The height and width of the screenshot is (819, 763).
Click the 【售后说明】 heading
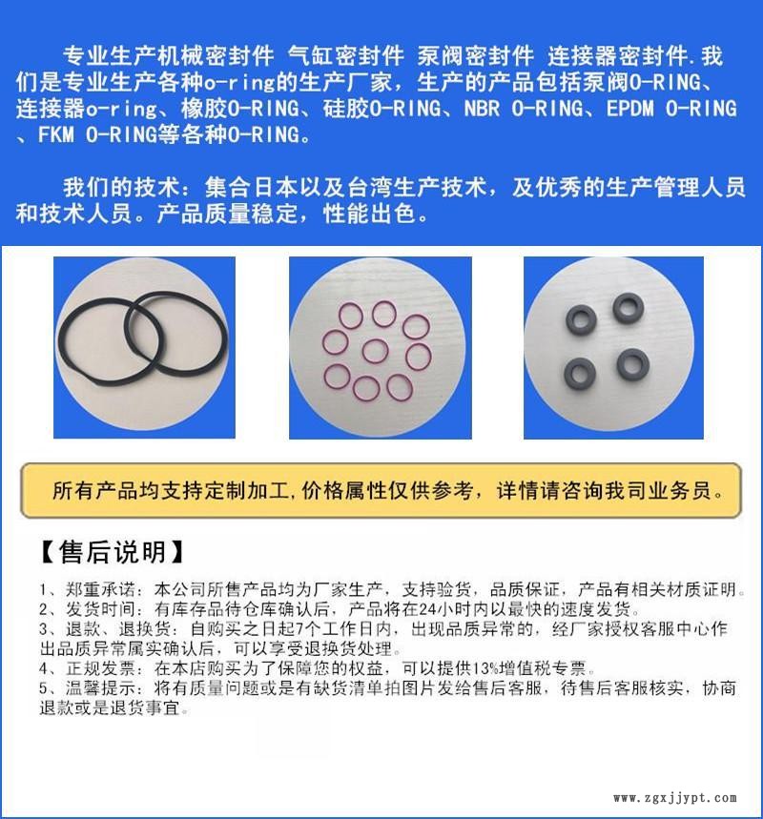click(112, 552)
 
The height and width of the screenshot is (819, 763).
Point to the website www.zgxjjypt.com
click(675, 798)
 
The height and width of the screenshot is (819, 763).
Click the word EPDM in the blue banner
click(629, 109)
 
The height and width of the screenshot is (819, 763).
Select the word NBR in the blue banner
click(482, 109)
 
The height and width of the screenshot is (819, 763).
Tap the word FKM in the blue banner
click(56, 134)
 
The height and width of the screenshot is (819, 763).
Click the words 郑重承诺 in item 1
click(100, 590)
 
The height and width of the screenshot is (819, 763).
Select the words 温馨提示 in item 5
click(100, 687)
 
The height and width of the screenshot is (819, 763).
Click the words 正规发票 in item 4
click(100, 668)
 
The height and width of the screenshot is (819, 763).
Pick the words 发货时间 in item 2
click(100, 609)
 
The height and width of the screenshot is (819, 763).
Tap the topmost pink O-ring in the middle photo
click(384, 313)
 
